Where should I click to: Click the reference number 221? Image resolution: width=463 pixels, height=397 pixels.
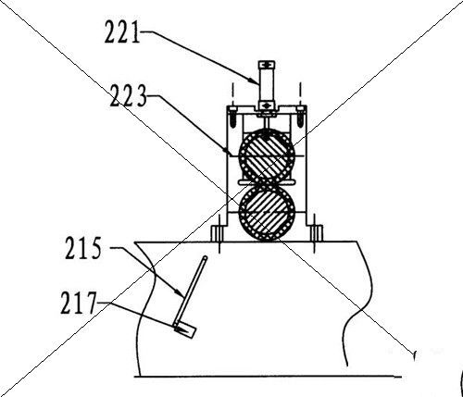tap(122, 31)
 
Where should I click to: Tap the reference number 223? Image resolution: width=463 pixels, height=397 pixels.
tap(128, 95)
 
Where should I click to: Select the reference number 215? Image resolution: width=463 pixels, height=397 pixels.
tap(83, 248)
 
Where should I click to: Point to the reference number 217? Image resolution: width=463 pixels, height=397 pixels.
tap(79, 303)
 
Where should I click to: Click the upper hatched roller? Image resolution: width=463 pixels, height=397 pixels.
tap(268, 155)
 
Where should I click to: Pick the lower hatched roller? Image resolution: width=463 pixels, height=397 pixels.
tap(268, 213)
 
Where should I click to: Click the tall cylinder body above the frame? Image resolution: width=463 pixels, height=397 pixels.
tap(267, 85)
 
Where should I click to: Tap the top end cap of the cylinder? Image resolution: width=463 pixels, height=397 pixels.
tap(267, 65)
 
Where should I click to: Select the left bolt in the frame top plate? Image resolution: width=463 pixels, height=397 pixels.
tap(233, 117)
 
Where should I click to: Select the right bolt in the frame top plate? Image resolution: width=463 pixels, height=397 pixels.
tap(300, 117)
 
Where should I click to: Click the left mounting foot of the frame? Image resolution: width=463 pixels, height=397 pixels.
tap(219, 233)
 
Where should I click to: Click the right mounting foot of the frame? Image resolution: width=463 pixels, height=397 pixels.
tap(315, 233)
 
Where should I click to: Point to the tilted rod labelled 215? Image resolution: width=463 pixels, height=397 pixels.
tap(191, 290)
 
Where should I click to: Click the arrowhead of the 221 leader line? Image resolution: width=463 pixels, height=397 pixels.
tap(255, 81)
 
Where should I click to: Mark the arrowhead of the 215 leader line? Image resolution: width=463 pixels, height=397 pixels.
tap(181, 293)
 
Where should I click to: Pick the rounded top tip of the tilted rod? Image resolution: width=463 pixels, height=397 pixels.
tap(205, 258)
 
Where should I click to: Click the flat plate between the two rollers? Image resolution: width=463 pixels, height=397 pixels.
tap(266, 183)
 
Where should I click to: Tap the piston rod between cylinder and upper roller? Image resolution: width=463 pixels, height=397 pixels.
tap(267, 123)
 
